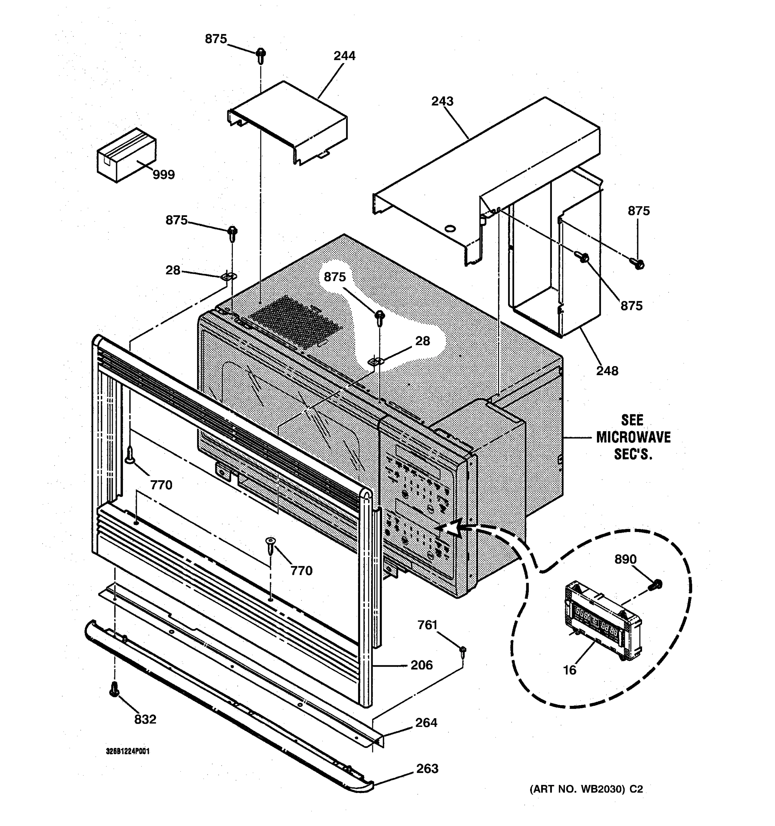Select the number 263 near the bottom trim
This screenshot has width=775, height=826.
427,768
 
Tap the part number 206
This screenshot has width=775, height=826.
422,665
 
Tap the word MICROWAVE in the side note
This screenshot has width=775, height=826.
633,437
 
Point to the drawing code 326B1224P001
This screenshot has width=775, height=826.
128,751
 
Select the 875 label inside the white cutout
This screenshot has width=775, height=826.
335,277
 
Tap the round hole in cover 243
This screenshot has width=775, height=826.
449,228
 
